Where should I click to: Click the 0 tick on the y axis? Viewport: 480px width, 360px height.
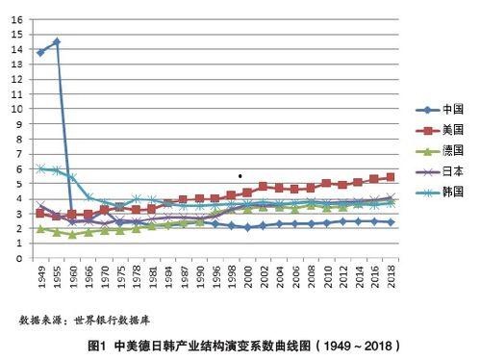(19, 258)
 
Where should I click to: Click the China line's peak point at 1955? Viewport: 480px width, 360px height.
(56, 42)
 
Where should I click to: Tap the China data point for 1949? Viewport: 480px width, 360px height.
(40, 52)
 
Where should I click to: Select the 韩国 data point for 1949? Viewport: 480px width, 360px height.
(40, 168)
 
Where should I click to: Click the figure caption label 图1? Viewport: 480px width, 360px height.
(95, 345)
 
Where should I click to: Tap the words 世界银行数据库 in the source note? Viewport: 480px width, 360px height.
(114, 319)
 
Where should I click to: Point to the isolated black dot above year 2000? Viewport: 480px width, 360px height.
(240, 176)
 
